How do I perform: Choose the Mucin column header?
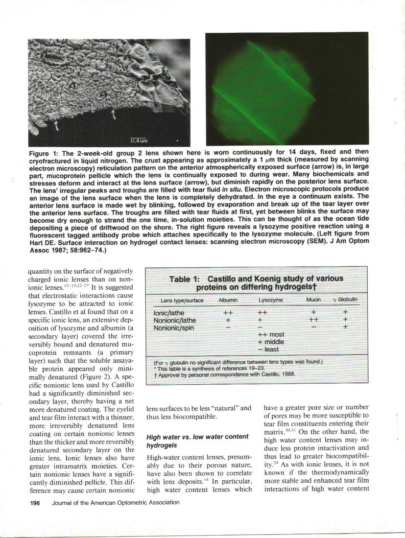point(313,300)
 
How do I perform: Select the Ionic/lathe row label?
point(169,311)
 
